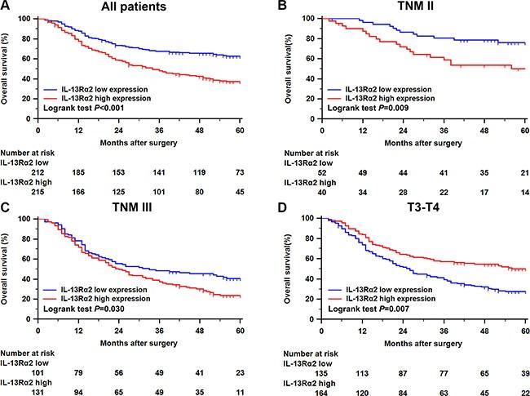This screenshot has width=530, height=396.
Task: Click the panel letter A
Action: point(7,7)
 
